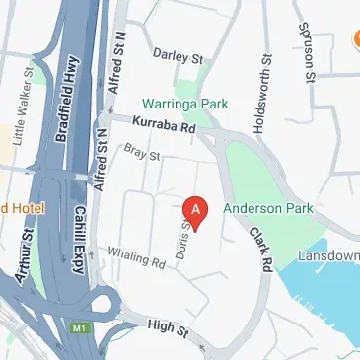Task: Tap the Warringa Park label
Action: coord(185,103)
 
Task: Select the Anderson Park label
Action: coord(267,208)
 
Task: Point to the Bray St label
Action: coord(142,153)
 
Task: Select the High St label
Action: coord(168,328)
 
